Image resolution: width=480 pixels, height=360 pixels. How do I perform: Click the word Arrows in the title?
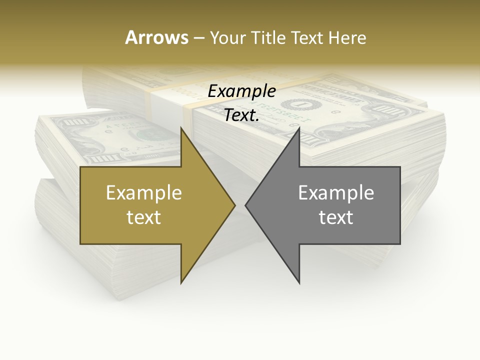pos(156,37)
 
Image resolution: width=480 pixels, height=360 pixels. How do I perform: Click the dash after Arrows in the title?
pos(198,38)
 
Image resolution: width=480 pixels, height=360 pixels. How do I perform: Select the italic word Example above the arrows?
pos(242,91)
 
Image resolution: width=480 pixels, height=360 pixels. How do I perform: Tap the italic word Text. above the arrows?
pos(242,115)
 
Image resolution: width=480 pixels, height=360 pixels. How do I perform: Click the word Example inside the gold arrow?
pos(144,192)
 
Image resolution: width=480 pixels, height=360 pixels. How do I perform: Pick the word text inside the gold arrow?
pos(144,217)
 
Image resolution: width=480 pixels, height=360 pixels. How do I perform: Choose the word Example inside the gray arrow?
pos(336,192)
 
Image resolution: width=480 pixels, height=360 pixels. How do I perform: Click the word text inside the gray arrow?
pos(336,217)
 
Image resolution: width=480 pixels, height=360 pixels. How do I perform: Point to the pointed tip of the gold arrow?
pos(235,205)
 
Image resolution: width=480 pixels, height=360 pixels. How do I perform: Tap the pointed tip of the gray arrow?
pos(245,205)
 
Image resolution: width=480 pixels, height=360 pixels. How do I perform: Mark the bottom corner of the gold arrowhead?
pos(181,283)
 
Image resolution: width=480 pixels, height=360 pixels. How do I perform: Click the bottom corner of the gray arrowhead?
pos(299,283)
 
